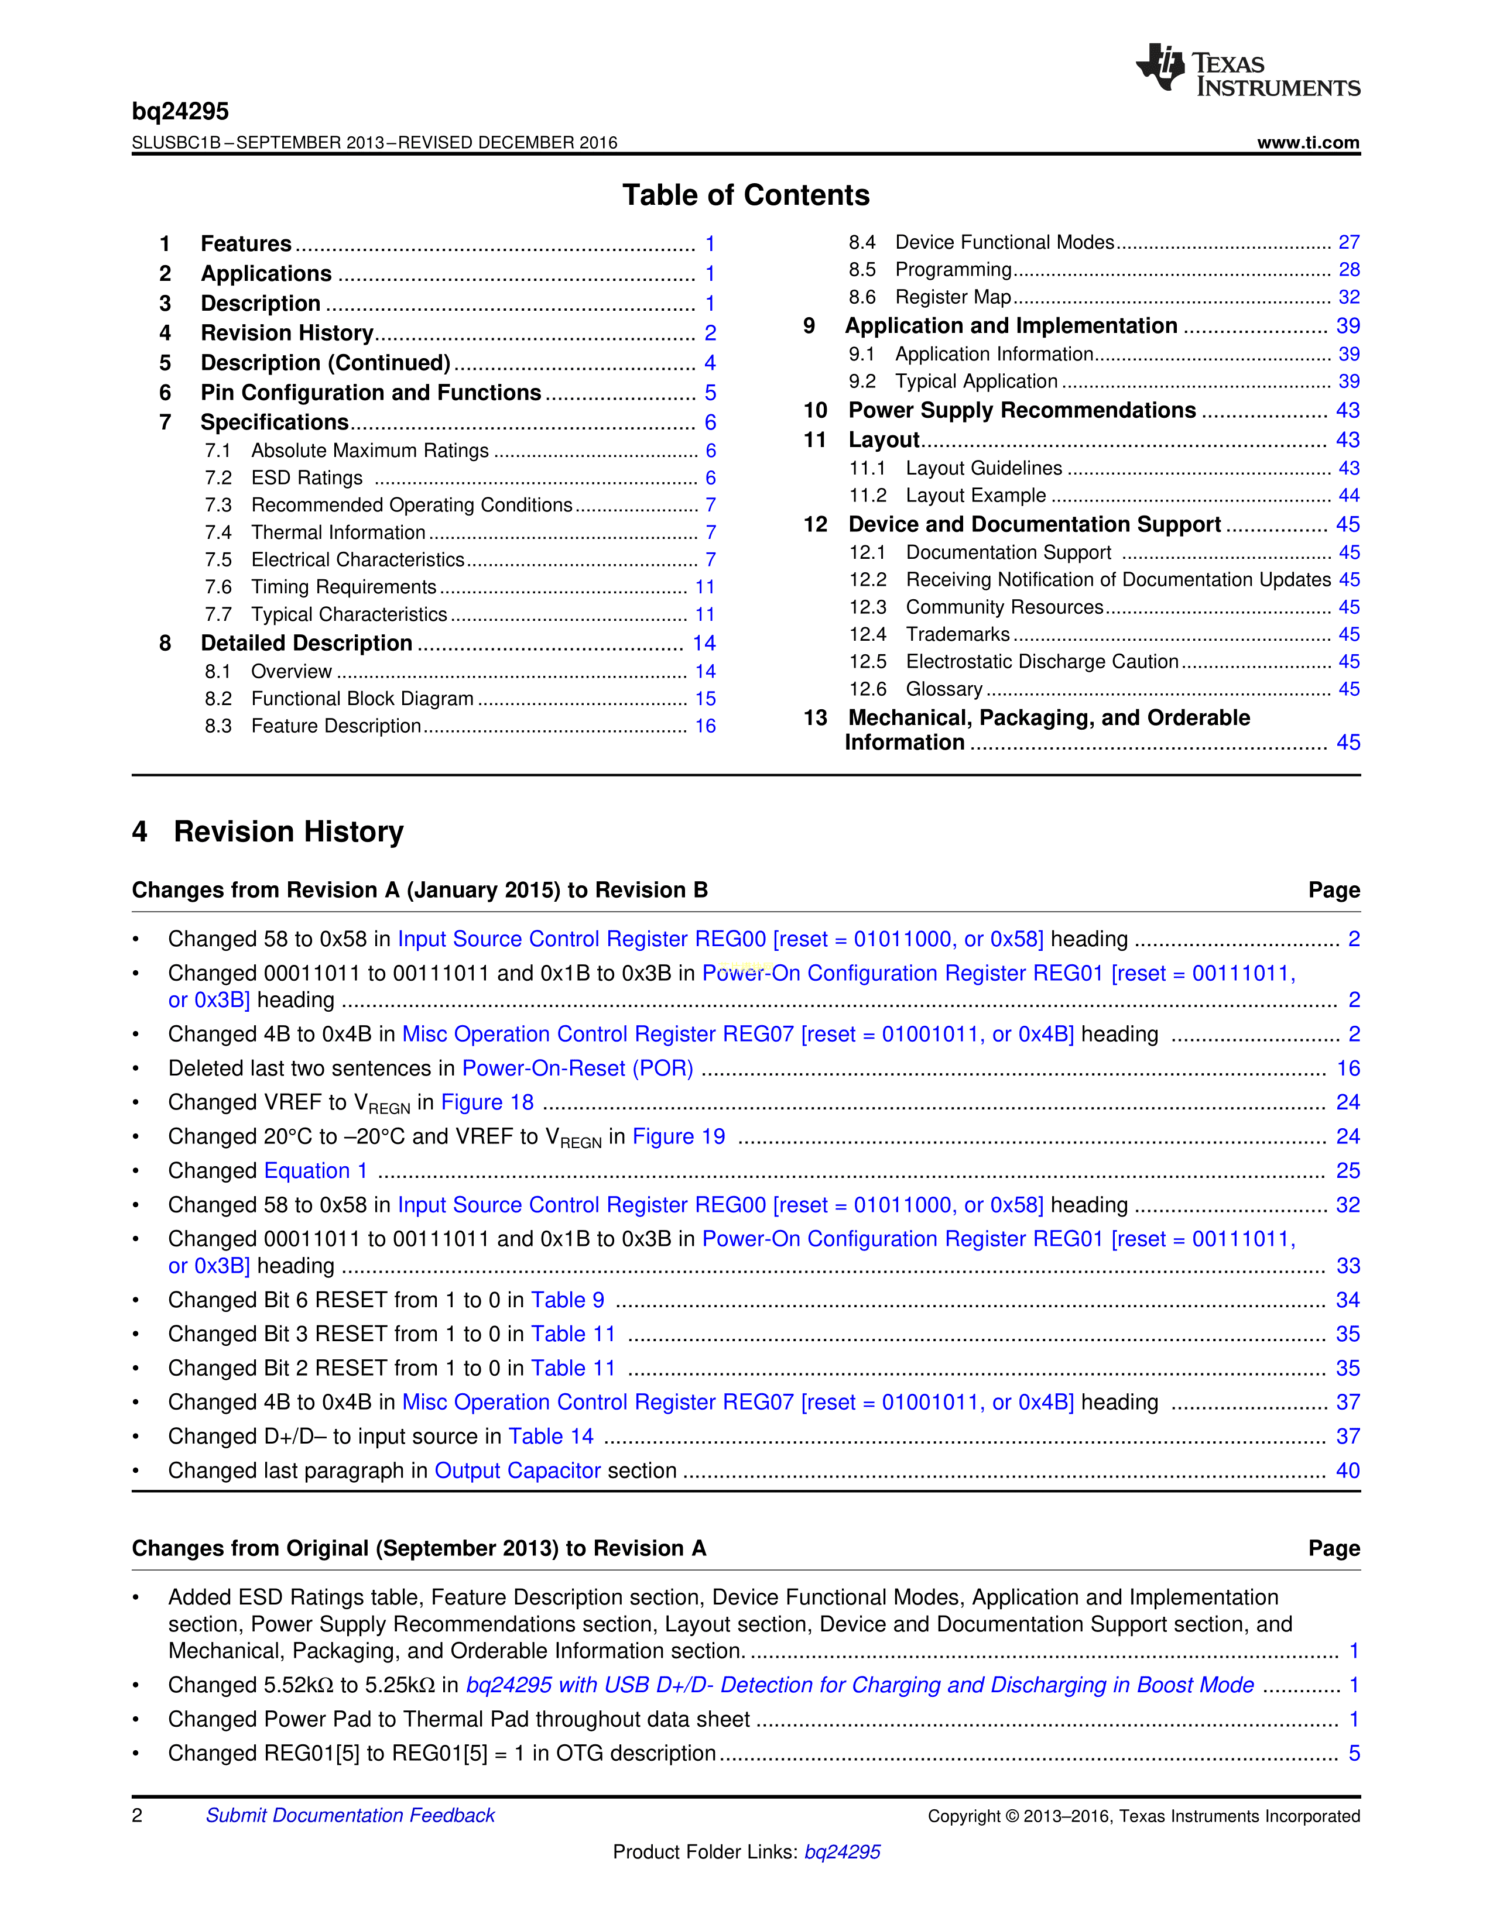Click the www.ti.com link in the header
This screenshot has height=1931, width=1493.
(x=1307, y=142)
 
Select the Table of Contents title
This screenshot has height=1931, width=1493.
(x=745, y=195)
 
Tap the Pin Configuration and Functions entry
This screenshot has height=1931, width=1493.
(x=371, y=393)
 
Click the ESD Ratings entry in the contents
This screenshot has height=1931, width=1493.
(x=306, y=478)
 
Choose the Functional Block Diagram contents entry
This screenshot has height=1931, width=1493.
(x=362, y=699)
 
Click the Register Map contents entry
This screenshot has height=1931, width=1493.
(x=953, y=297)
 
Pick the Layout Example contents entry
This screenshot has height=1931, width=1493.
(x=975, y=495)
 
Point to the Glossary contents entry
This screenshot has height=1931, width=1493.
(x=944, y=689)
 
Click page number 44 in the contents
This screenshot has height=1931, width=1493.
(x=1348, y=495)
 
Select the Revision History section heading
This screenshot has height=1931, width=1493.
(x=287, y=832)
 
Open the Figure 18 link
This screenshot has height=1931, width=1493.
(x=487, y=1102)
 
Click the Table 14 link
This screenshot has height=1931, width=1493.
(x=551, y=1436)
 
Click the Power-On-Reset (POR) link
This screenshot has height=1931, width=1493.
(x=577, y=1068)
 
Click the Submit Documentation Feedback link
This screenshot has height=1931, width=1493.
(x=350, y=1815)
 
